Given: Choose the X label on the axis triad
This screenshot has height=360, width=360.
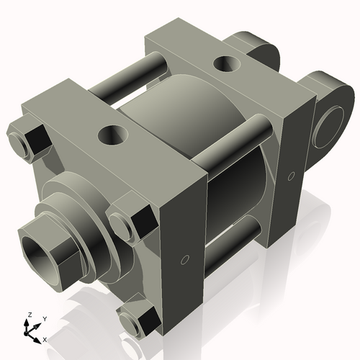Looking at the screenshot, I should (x=45, y=338).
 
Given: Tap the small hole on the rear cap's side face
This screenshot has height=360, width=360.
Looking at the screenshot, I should (x=292, y=176).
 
